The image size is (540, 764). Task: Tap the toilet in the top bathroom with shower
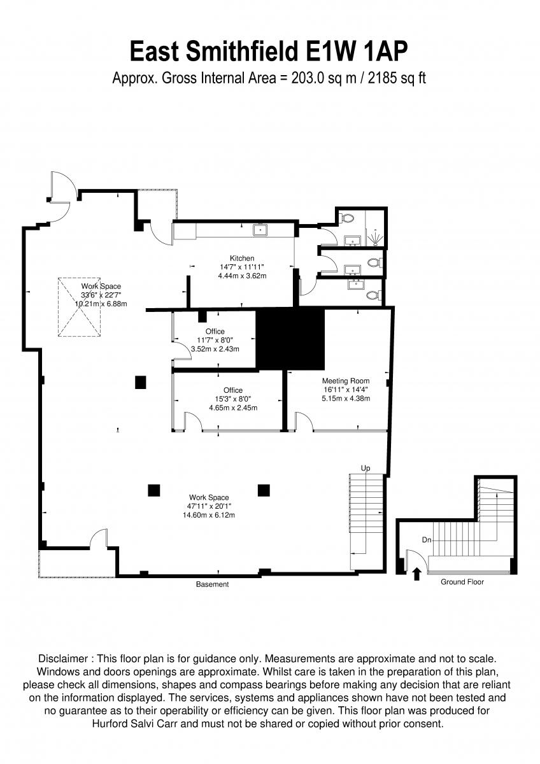347,218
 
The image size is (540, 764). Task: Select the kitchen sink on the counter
260,229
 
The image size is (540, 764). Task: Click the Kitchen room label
242,258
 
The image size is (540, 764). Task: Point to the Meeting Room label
346,381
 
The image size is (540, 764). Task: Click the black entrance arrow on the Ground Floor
417,574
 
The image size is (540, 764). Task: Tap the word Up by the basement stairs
366,468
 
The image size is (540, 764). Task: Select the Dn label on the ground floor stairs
427,539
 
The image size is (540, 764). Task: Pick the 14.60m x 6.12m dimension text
209,514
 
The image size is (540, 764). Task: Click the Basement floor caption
212,584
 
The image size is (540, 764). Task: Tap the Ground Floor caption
462,582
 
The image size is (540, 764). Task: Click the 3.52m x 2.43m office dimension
215,349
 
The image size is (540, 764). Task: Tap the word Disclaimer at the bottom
65,658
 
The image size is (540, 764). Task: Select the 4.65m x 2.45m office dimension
233,407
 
